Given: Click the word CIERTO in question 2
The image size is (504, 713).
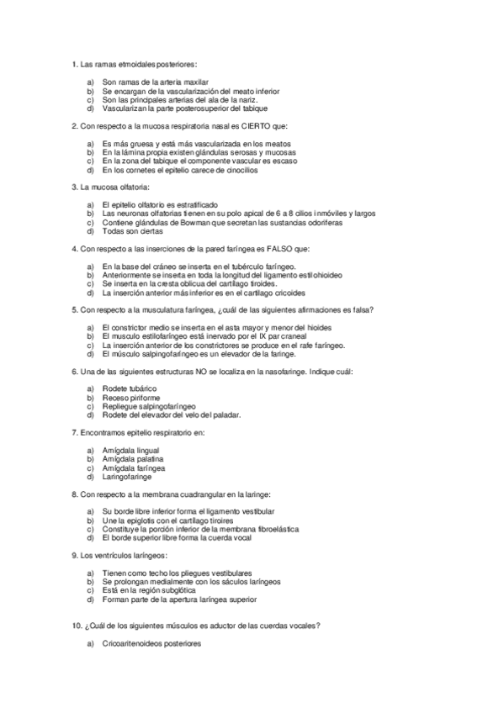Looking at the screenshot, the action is (257, 126).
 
